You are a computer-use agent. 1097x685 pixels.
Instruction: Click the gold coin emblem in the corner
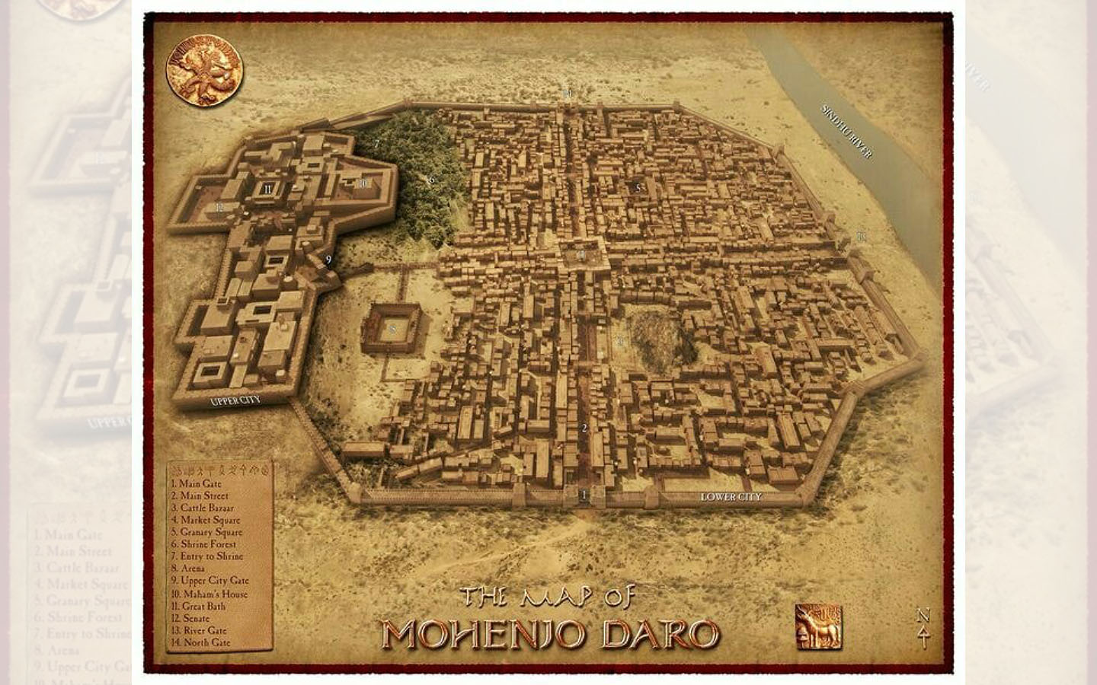pos(204,70)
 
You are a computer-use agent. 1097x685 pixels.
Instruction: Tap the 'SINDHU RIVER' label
pos(846,132)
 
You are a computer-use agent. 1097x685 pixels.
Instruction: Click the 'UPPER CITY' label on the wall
pos(235,400)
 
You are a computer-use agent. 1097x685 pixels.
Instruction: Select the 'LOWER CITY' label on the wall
pos(731,497)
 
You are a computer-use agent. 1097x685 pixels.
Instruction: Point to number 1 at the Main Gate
pos(584,495)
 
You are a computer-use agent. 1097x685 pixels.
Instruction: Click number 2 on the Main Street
pos(584,428)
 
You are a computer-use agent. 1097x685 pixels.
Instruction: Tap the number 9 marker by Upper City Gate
pos(328,260)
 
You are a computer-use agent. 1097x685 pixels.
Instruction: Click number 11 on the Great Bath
pos(267,189)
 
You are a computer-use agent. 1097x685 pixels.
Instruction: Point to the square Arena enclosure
pos(392,328)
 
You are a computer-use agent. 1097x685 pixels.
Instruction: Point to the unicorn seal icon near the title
pos(817,626)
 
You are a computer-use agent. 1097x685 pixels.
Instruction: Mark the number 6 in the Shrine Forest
pos(431,180)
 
